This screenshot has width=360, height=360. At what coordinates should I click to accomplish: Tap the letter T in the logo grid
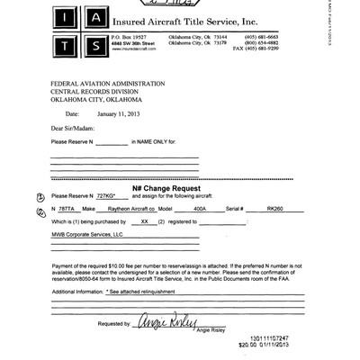click(x=59, y=41)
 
